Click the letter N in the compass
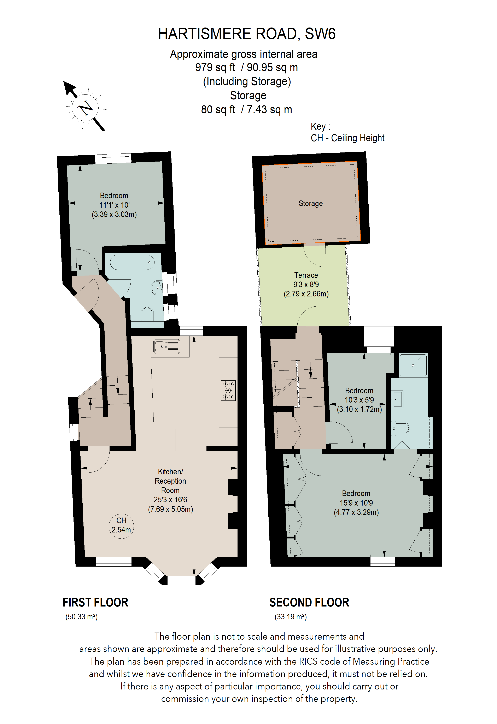coord(85,108)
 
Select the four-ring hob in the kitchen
coord(228,390)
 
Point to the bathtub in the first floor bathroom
coord(132,262)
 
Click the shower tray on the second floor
coord(413,365)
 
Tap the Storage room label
coord(311,203)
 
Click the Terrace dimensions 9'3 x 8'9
coord(306,284)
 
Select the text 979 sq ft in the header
coord(215,67)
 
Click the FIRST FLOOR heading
coord(95,603)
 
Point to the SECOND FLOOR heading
coord(309,603)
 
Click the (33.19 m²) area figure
coord(291,616)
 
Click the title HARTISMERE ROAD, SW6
coord(247,34)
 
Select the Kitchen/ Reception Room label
coord(170,481)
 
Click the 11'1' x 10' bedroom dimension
coord(114,205)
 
